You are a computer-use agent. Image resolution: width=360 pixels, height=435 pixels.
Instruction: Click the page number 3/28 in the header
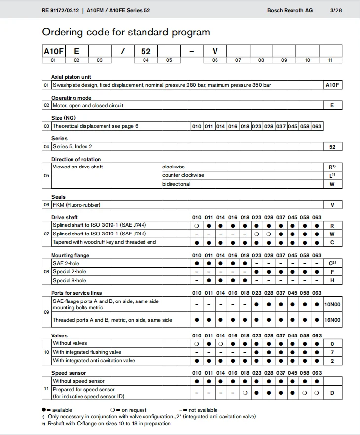coord(335,10)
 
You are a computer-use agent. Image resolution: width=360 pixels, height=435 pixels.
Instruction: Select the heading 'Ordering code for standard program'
coord(126,33)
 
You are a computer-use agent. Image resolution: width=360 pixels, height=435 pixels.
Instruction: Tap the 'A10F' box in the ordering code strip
coord(54,51)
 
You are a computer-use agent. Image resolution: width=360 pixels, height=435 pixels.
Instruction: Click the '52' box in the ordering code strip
coord(145,51)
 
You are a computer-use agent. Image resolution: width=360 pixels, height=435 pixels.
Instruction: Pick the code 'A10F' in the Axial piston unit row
coord(332,85)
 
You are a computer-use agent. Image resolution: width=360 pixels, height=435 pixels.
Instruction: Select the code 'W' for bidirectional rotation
coord(332,184)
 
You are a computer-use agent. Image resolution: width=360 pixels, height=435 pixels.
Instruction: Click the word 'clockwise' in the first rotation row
coord(174,167)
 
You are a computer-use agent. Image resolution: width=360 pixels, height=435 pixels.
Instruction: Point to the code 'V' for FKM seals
coord(332,205)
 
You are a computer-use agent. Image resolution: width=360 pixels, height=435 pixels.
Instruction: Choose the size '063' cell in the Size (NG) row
coord(317,126)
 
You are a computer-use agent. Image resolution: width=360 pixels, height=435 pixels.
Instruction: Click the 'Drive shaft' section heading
coord(65,217)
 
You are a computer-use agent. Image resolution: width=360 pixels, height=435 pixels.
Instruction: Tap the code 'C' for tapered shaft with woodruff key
coord(332,242)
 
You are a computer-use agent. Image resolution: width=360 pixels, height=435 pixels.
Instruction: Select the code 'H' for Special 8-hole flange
coord(332,280)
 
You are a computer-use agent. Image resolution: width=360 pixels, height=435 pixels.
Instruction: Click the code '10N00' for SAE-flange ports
coord(332,304)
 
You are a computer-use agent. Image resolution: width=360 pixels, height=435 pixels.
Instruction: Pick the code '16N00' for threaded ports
coord(332,320)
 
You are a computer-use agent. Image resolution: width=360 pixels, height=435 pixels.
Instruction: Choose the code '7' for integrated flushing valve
coord(332,352)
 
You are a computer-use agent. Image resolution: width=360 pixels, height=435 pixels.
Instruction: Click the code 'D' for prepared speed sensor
coord(332,393)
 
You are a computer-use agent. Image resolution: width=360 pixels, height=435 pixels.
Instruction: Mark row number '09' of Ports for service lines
coord(46,312)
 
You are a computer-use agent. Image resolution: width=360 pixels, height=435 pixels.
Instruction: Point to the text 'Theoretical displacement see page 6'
coord(96,126)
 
